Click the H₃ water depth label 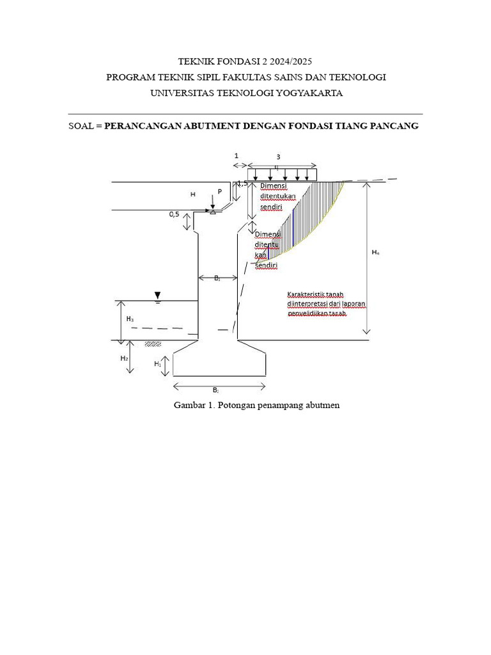130,319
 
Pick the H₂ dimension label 124,359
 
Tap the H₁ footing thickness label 157,363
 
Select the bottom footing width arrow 219,386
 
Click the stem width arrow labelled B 217,278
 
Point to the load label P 220,191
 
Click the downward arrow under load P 212,201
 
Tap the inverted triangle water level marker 157,295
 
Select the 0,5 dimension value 175,214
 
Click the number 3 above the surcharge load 278,157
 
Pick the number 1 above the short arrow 236,155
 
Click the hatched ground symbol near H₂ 153,343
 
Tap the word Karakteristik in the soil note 307,295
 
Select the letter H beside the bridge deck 192,194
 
